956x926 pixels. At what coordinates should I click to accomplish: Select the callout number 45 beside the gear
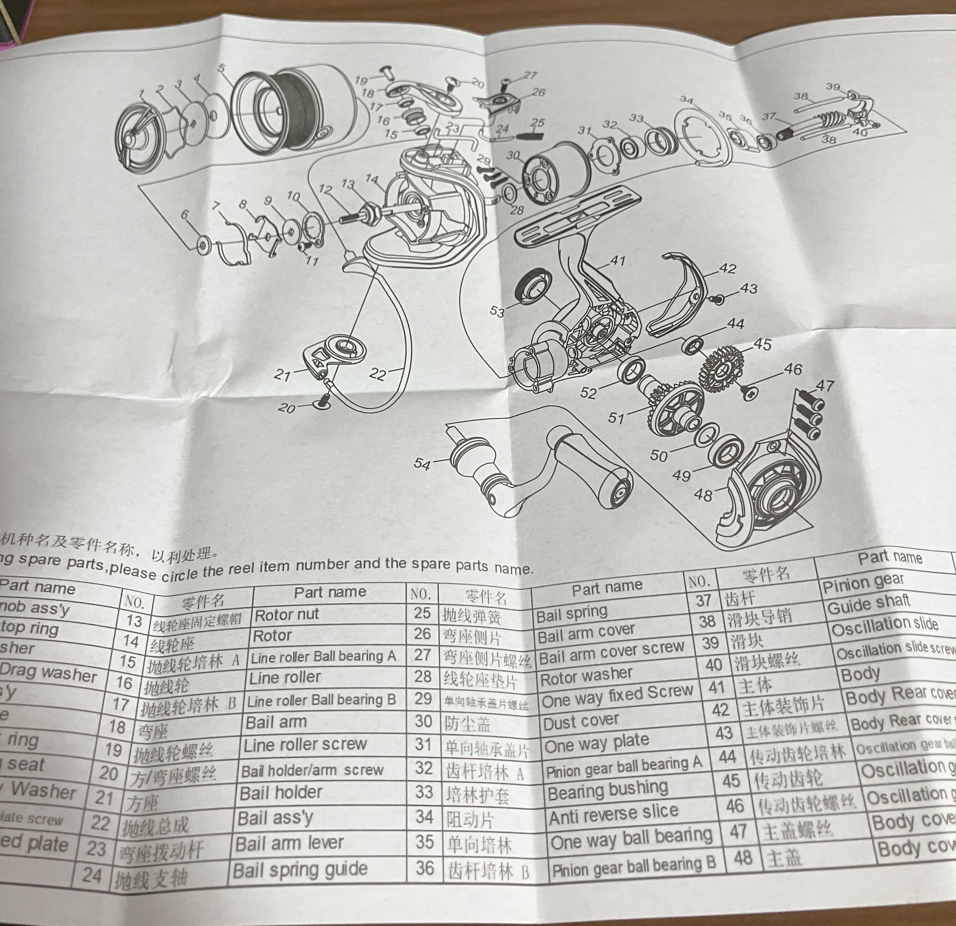click(x=762, y=345)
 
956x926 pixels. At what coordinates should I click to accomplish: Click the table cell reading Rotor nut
click(x=287, y=614)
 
